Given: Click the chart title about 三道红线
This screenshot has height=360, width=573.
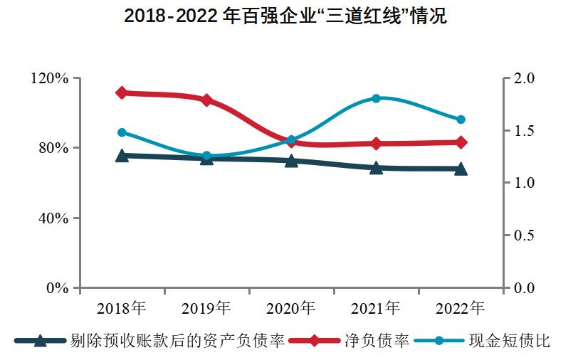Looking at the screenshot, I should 285,16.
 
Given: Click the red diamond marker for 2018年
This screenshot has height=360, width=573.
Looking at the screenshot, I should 122,92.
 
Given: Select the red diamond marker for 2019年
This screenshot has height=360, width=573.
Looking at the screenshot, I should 206,100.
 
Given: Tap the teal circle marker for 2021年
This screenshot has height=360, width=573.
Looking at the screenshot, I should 376,98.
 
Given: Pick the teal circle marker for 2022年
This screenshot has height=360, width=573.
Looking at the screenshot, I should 461,120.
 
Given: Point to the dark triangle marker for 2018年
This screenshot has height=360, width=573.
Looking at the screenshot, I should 122,156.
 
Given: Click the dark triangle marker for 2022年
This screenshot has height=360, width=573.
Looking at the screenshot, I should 461,169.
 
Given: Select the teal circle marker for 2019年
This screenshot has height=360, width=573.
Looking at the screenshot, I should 206,156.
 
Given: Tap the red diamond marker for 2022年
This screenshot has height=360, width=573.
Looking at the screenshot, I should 461,142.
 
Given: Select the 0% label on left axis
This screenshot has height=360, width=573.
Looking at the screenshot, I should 57,288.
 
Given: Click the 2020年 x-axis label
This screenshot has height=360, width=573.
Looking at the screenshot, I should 291,309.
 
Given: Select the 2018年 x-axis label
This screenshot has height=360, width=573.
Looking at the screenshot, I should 122,309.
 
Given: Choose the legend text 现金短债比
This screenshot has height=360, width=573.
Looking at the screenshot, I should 510,341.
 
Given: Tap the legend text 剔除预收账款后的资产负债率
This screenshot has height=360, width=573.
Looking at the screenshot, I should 178,341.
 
